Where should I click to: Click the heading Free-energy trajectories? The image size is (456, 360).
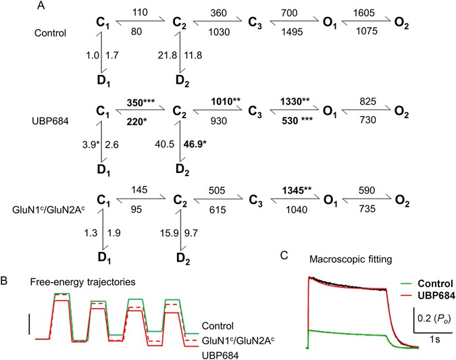[x=66, y=280]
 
